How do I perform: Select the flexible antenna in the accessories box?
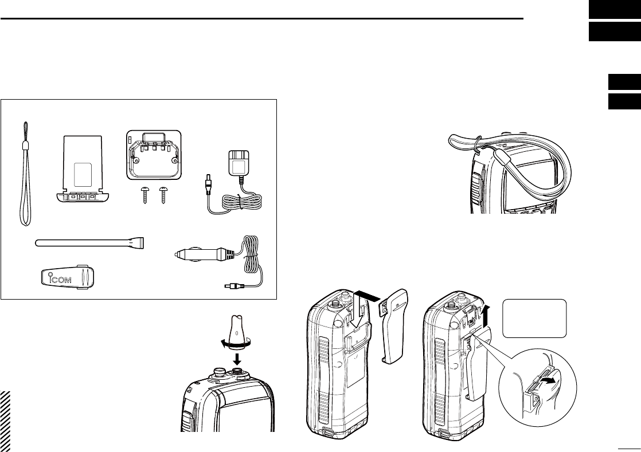(x=89, y=243)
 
